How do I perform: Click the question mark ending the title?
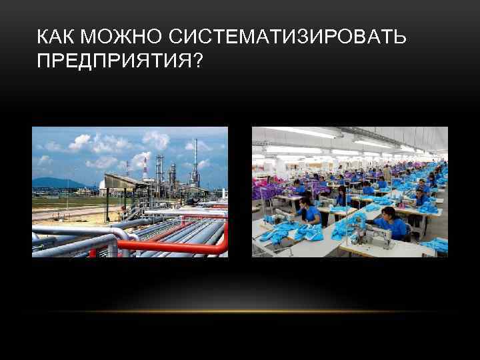pos(198,61)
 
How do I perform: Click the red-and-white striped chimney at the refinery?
pos(145,169)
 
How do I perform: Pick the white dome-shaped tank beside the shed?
pos(103,185)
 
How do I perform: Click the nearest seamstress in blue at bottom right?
pos(393,224)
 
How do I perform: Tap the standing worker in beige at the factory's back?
pos(387,174)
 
